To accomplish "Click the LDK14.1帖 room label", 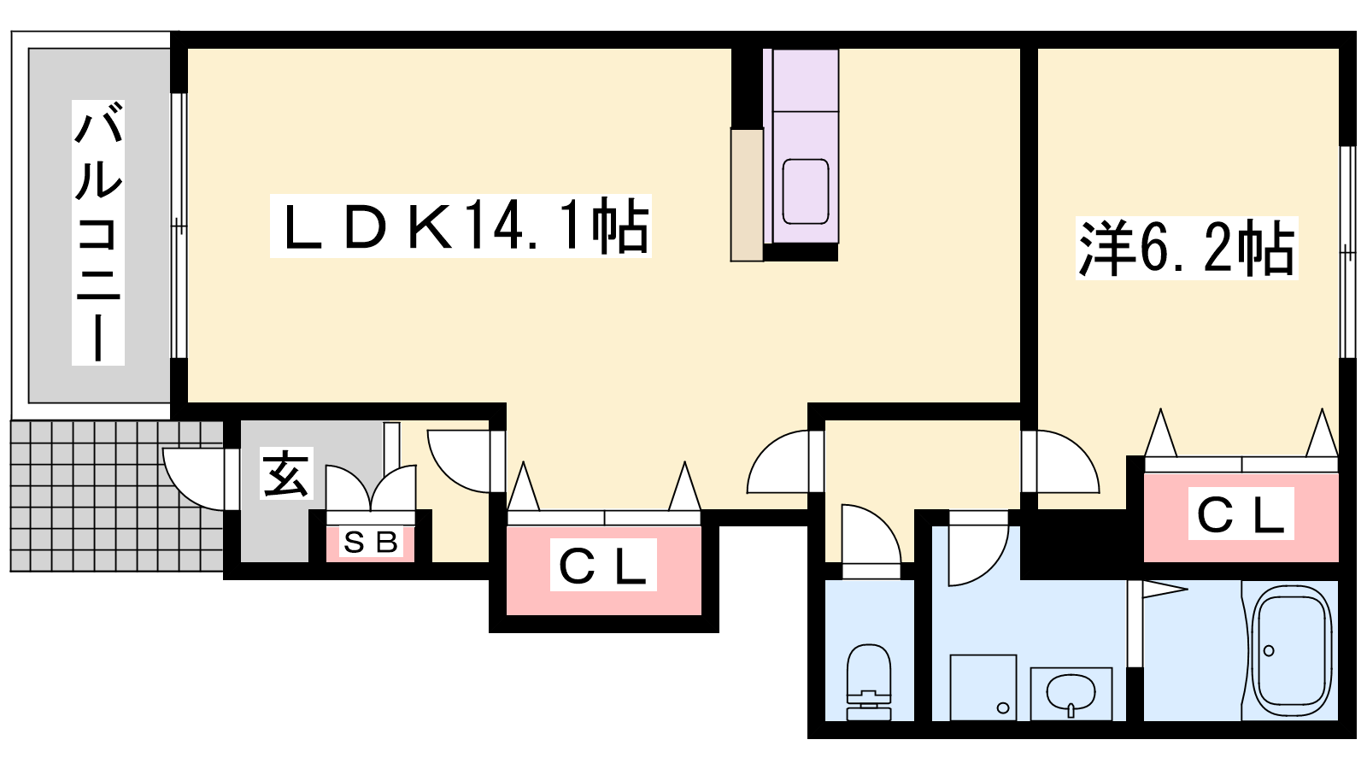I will pyautogui.click(x=461, y=226).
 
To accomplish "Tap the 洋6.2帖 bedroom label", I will pyautogui.click(x=1187, y=248).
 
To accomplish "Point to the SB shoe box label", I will pyautogui.click(x=371, y=543).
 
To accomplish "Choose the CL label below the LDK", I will pyautogui.click(x=603, y=565).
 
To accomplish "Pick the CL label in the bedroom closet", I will pyautogui.click(x=1241, y=514).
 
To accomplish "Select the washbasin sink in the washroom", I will pyautogui.click(x=1071, y=692).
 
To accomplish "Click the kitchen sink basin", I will pyautogui.click(x=806, y=191).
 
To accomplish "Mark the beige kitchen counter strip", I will pyautogui.click(x=747, y=195).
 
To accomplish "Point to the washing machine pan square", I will pyautogui.click(x=983, y=687).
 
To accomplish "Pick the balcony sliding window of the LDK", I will pyautogui.click(x=179, y=226).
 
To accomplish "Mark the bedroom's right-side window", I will pyautogui.click(x=1347, y=252).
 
